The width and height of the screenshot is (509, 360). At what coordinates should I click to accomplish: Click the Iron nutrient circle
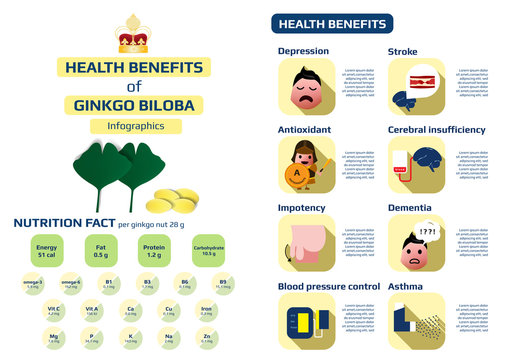coord(206,311)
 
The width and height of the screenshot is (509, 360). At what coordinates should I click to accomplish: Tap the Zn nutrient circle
coord(206,339)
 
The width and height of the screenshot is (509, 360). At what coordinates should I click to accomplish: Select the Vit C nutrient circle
coord(45,311)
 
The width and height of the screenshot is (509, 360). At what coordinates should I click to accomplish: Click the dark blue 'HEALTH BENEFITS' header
coord(334,24)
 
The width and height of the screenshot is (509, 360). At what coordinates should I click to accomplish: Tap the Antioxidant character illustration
coord(306,165)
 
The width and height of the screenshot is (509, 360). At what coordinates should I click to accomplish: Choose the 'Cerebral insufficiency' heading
coord(436,130)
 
